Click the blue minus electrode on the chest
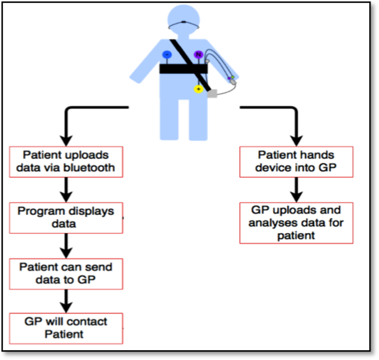(x=167, y=54)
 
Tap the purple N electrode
(x=198, y=54)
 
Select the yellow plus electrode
(x=198, y=89)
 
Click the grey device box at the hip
(x=212, y=93)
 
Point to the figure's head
(x=184, y=20)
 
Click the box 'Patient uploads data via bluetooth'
(x=66, y=162)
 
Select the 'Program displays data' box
(x=66, y=218)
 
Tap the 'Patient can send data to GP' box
(x=66, y=274)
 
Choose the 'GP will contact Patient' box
(x=66, y=329)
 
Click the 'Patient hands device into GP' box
(x=297, y=162)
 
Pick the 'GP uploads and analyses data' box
(x=297, y=223)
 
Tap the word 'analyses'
(x=273, y=223)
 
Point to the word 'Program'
(x=39, y=211)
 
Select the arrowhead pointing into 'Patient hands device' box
(x=297, y=141)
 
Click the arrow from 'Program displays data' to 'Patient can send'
(x=66, y=246)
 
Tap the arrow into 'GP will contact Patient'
(x=66, y=301)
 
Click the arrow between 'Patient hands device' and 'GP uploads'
(x=297, y=190)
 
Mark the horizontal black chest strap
(x=184, y=69)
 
